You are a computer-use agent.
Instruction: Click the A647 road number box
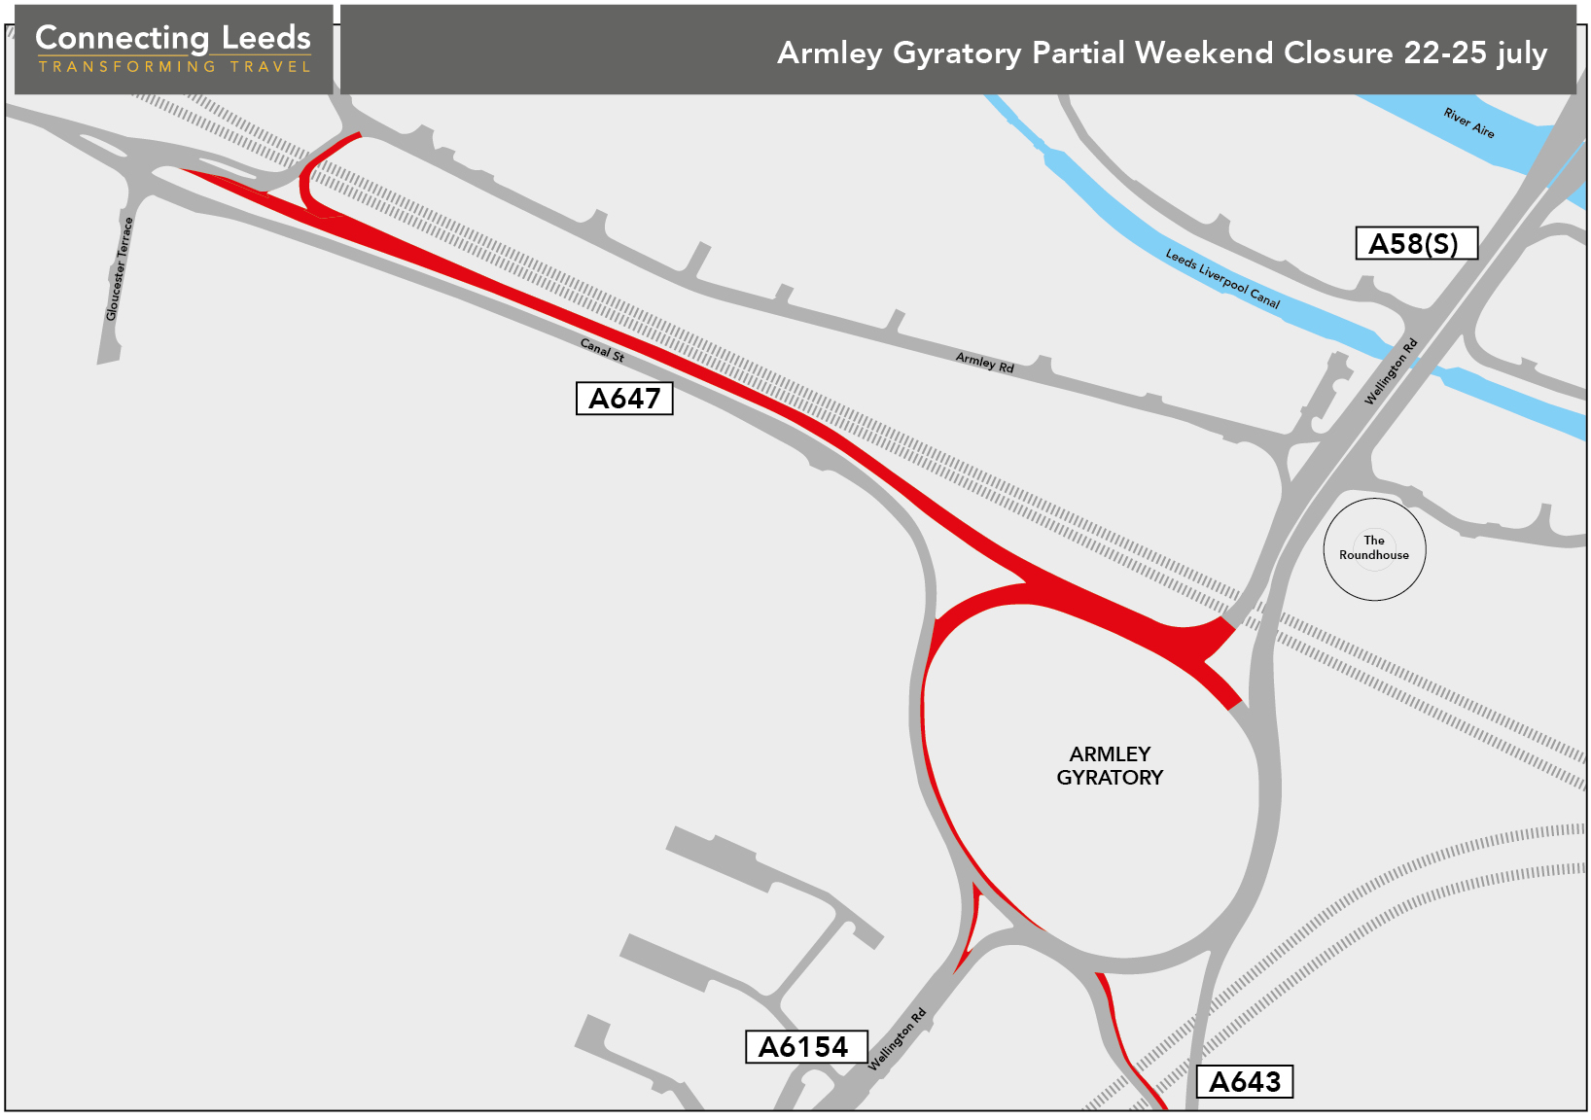click(624, 399)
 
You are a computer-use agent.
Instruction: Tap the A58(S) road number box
click(1416, 243)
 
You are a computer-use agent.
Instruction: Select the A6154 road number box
click(805, 1047)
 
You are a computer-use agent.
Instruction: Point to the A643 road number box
click(1245, 1082)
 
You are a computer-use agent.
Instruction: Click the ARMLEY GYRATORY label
click(1110, 766)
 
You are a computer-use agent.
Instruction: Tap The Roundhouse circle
click(1374, 549)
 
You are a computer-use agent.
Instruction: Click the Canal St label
click(602, 350)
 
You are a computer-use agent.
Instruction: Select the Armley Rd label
click(984, 363)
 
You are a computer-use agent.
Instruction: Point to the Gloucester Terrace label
click(119, 269)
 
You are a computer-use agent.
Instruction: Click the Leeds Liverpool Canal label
click(1222, 279)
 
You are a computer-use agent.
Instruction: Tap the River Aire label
click(1468, 123)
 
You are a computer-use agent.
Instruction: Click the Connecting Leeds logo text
click(173, 38)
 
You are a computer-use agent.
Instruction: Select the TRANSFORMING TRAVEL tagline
click(174, 67)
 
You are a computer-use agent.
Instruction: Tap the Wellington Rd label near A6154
click(897, 1040)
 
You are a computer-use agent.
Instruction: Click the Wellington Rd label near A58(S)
click(1391, 371)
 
